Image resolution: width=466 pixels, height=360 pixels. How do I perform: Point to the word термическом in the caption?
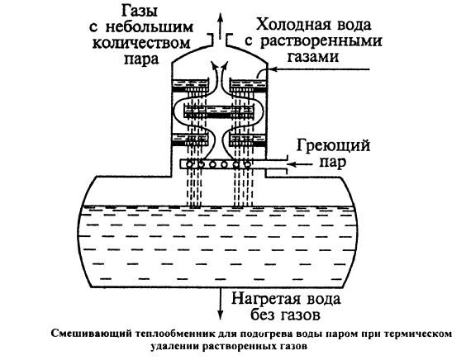click(x=413, y=334)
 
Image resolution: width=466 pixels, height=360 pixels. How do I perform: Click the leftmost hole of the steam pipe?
click(x=192, y=163)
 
